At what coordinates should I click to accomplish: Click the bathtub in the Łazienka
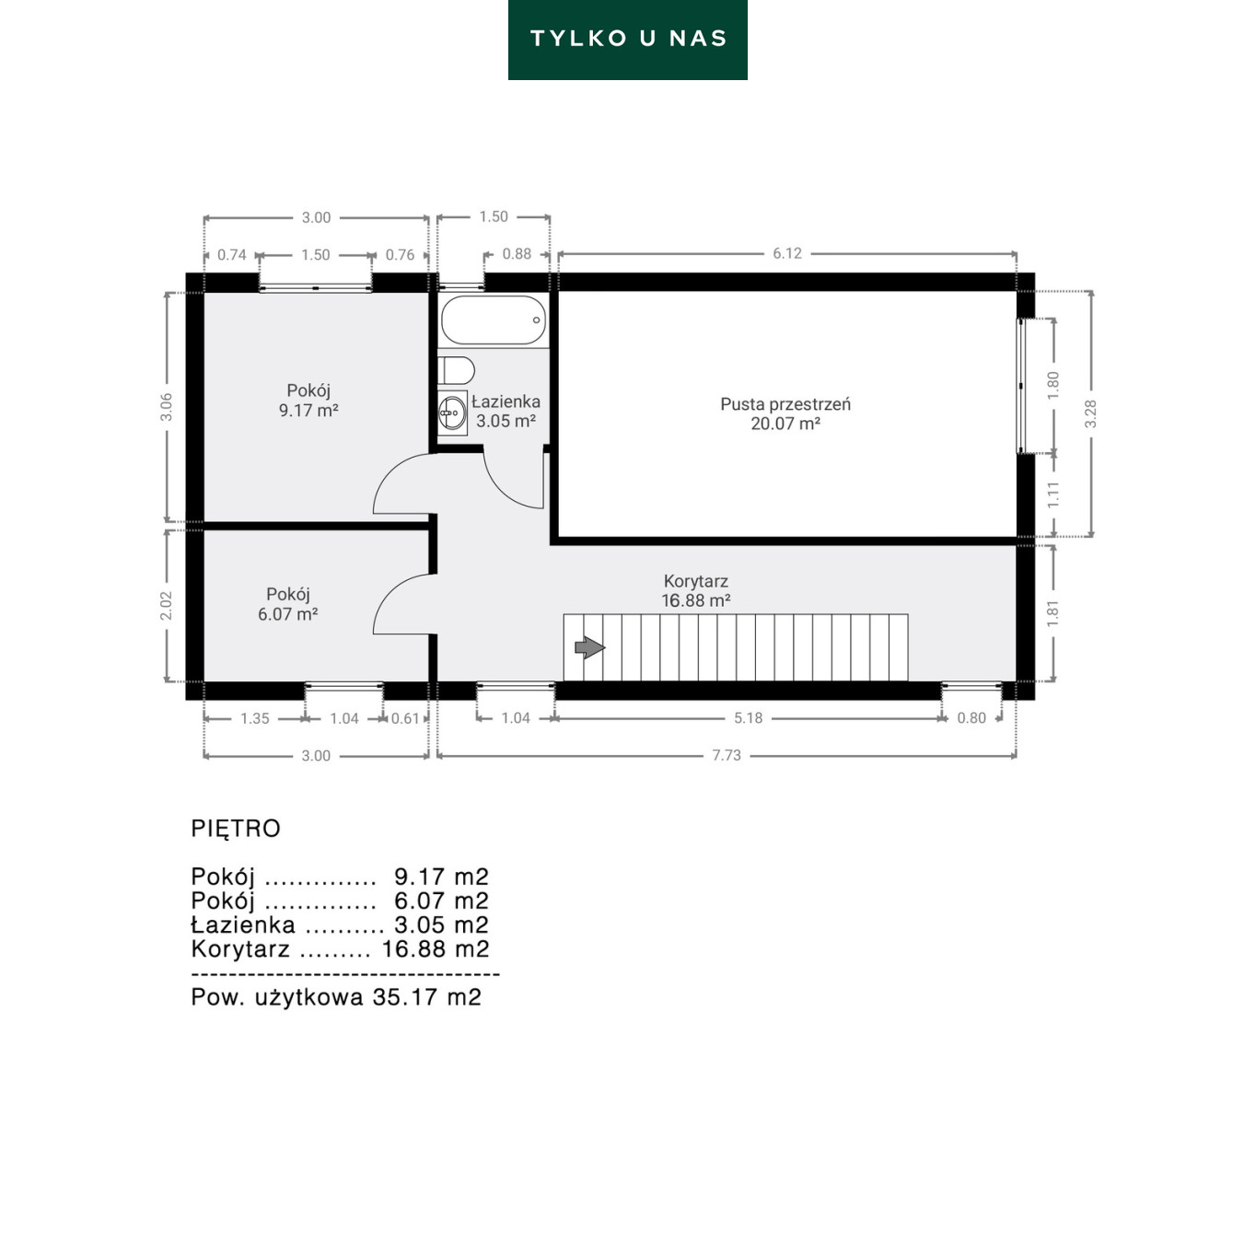click(494, 320)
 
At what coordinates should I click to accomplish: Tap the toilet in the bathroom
click(456, 371)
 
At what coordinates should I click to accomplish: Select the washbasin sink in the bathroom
click(452, 413)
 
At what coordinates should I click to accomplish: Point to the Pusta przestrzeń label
click(785, 404)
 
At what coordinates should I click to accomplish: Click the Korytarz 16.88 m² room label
click(695, 590)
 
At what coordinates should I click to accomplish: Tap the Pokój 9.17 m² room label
click(308, 401)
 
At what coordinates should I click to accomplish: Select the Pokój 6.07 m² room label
click(287, 604)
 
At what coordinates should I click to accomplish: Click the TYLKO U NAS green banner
click(628, 40)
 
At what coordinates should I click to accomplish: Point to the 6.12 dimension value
click(787, 253)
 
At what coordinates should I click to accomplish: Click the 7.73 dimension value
click(727, 755)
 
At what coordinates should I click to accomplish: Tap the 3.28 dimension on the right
click(1091, 413)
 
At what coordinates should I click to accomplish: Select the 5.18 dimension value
click(749, 718)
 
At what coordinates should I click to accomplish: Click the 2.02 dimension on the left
click(167, 606)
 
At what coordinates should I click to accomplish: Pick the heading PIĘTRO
click(236, 829)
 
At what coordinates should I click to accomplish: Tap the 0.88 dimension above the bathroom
click(517, 254)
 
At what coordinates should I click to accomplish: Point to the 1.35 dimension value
click(255, 718)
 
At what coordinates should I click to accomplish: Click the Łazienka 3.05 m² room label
click(506, 412)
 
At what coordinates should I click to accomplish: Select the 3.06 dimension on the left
click(167, 407)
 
